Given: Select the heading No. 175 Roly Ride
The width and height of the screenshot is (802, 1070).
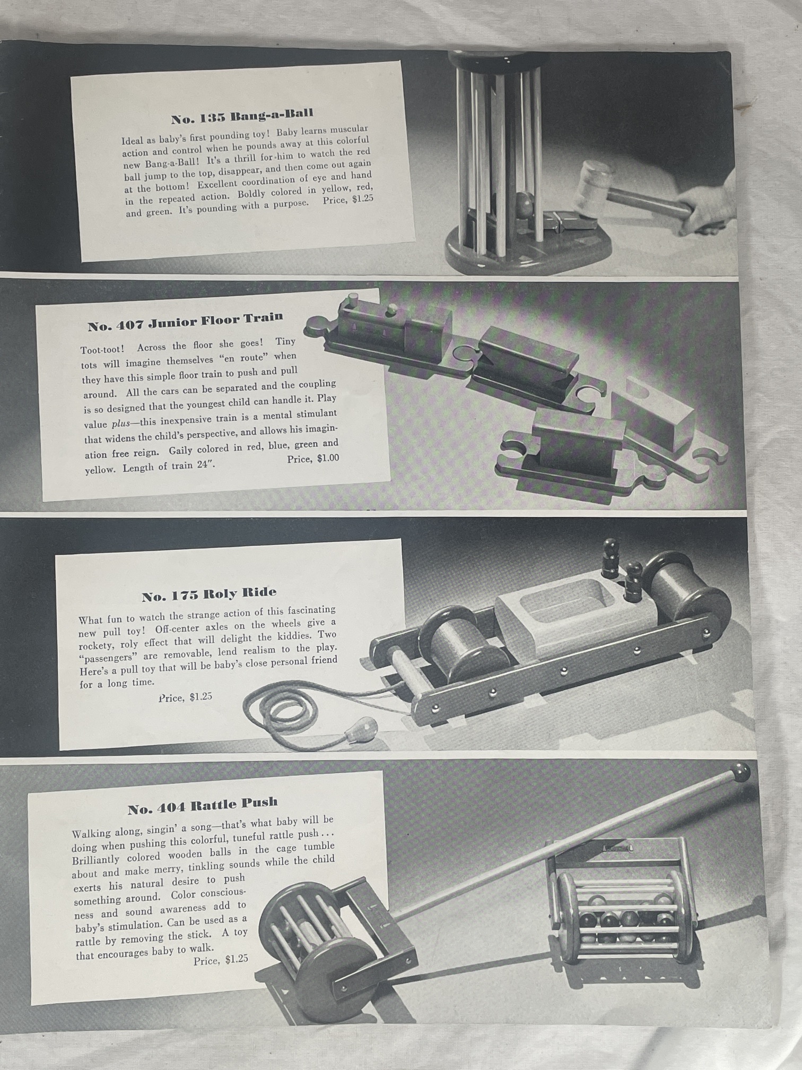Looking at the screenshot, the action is click(x=209, y=595).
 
